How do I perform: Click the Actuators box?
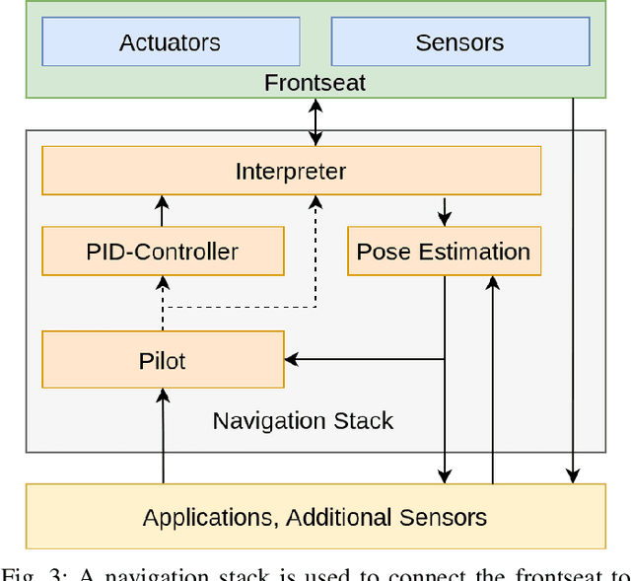point(170,42)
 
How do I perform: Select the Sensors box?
point(459,42)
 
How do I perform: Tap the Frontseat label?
point(315,83)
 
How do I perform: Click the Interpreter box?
point(291,171)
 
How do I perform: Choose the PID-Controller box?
point(163,252)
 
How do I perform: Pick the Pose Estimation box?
point(444,252)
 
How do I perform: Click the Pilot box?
point(163,360)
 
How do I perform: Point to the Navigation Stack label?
point(303,421)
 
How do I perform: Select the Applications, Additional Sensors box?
point(315,517)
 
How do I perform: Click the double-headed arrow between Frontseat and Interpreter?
point(315,122)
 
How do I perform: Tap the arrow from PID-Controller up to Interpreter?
point(163,211)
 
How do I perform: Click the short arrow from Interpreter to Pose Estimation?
point(444,211)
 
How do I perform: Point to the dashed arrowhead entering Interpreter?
point(315,202)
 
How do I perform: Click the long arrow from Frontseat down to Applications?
point(573,296)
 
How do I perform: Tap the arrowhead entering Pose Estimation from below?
point(493,283)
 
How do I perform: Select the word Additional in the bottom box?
point(336,517)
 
